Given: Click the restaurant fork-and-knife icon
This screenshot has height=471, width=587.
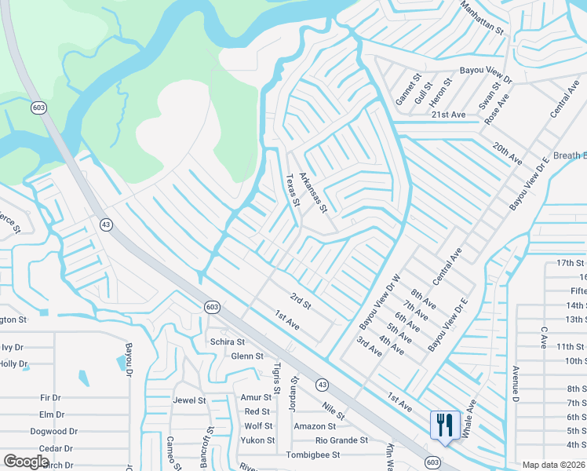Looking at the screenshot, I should coord(445,425).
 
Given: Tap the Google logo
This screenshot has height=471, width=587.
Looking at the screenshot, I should coord(26,461).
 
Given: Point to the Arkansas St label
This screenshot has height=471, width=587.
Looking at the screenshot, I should coord(313,192).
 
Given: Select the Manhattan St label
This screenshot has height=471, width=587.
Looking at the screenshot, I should coord(483,16).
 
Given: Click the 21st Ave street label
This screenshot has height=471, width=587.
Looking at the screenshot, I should coord(448,115).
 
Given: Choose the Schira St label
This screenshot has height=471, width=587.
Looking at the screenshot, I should coord(228,342).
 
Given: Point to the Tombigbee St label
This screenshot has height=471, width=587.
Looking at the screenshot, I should coord(312,455).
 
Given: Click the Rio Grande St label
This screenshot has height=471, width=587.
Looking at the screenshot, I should coord(341,440).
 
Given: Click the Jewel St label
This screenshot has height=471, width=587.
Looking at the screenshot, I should coord(189,400).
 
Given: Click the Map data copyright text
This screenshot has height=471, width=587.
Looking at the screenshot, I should coord(553,465).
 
